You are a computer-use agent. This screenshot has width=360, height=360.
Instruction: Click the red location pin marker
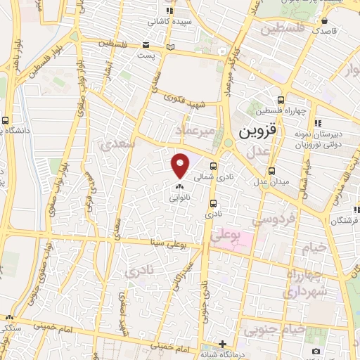pos(181,165)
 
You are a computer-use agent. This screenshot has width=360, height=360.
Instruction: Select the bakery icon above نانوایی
pos(179,188)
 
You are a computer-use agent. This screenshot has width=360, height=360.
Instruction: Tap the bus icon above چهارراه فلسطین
pos(281,100)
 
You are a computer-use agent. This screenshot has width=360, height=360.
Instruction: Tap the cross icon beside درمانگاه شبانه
pos(221,344)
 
